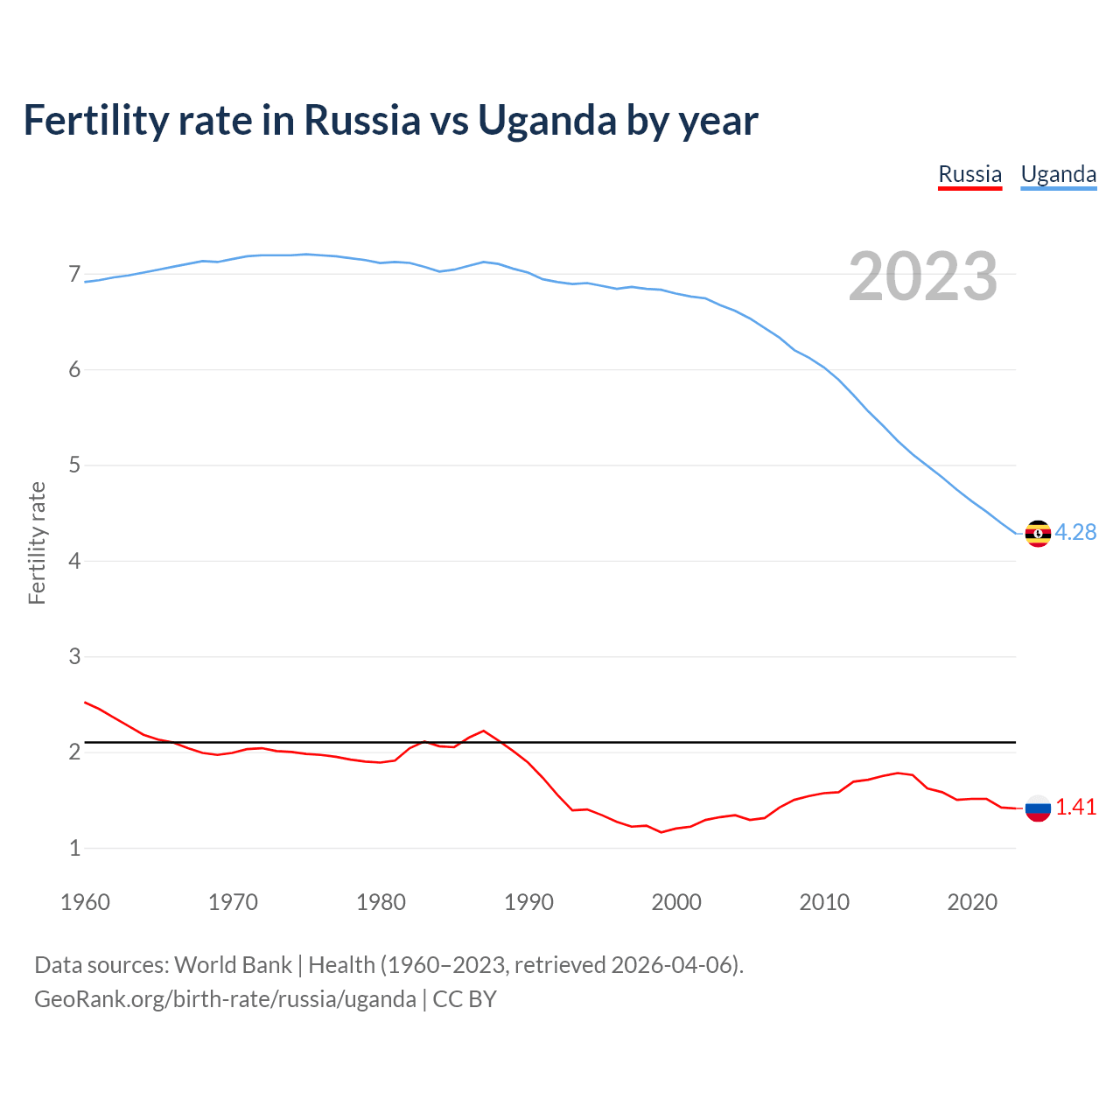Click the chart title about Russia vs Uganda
coord(390,120)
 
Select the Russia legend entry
coord(969,174)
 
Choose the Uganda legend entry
coord(1059,174)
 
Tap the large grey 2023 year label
coord(922,276)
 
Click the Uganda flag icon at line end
coord(1038,533)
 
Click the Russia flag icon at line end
coord(1038,808)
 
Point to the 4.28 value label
coord(1075,532)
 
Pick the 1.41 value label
coord(1075,807)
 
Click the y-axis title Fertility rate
coord(37,542)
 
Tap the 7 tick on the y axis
coord(74,275)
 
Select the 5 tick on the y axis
coord(74,465)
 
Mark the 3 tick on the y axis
coord(74,656)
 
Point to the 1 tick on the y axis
coord(74,847)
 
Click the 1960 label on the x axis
coord(85,902)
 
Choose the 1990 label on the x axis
coord(528,902)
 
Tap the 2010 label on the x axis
coord(824,902)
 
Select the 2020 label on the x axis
coord(972,902)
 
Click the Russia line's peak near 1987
coord(484,731)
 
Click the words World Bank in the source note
coord(233,965)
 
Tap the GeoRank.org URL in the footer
coord(225,999)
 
